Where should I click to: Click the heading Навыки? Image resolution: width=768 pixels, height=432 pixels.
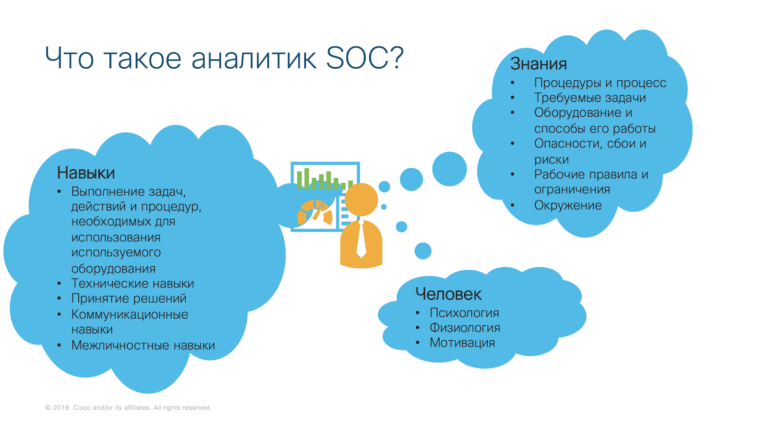(x=86, y=173)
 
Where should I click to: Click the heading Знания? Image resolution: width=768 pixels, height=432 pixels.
(x=538, y=64)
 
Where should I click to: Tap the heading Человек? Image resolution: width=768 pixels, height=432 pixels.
(x=448, y=294)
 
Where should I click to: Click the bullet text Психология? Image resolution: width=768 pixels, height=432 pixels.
(x=464, y=313)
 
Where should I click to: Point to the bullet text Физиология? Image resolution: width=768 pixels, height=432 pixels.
(x=465, y=328)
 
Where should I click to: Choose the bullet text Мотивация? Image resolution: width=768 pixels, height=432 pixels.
(x=462, y=343)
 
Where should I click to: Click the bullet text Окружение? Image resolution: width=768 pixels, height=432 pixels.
(x=568, y=205)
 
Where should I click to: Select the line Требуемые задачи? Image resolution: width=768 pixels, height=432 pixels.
(x=590, y=98)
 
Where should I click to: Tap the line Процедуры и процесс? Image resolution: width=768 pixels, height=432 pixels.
(x=600, y=83)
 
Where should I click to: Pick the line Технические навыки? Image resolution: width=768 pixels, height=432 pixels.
(x=132, y=284)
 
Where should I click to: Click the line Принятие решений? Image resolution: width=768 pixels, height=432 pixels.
(x=129, y=298)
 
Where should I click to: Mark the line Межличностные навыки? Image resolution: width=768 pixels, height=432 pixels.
(x=143, y=345)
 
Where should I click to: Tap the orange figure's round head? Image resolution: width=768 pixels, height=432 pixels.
(x=361, y=200)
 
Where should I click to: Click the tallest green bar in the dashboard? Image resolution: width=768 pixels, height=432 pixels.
(x=307, y=179)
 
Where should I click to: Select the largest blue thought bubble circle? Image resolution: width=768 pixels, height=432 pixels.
(x=449, y=169)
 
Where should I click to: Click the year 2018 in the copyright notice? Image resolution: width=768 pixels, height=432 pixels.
(x=61, y=407)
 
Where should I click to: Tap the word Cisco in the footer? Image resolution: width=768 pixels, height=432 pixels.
(x=82, y=407)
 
